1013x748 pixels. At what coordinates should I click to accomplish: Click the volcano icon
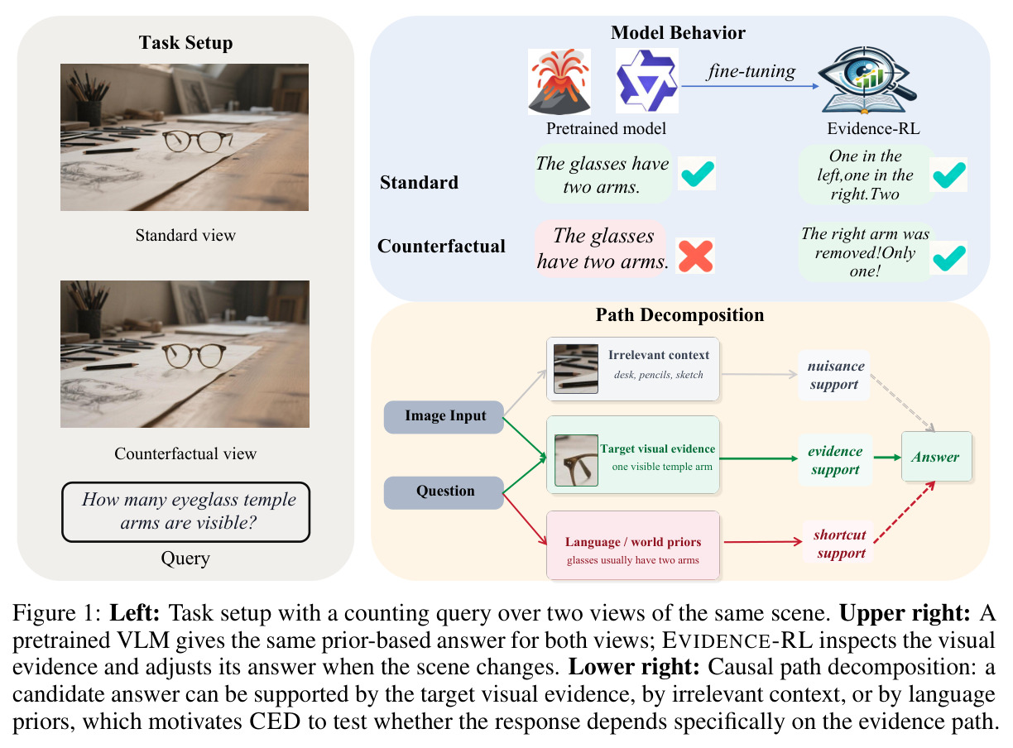click(559, 81)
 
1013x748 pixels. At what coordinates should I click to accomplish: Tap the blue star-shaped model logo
click(646, 80)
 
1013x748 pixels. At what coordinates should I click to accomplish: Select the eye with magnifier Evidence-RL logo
click(867, 80)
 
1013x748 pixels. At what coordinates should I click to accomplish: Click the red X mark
click(695, 256)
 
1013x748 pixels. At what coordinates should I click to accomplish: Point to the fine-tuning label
click(751, 71)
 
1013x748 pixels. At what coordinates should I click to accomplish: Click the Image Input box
click(444, 416)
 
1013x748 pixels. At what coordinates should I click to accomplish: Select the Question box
click(444, 491)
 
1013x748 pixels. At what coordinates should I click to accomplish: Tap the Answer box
click(936, 456)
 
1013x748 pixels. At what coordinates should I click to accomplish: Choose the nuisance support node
click(833, 375)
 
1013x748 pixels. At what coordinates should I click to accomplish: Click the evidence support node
click(835, 460)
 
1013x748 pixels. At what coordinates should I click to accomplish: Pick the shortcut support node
click(839, 544)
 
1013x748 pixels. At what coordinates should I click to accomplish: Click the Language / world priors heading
click(632, 542)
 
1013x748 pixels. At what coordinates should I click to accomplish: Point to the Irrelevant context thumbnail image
click(575, 368)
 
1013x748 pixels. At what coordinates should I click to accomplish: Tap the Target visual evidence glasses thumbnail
click(576, 460)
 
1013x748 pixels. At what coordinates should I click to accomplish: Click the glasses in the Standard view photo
click(196, 141)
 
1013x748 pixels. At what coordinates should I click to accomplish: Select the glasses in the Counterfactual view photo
click(194, 355)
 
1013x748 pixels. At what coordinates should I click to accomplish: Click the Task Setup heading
click(185, 42)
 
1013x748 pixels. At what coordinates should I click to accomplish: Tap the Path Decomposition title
click(679, 314)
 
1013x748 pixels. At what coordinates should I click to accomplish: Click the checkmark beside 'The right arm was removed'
click(949, 257)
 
